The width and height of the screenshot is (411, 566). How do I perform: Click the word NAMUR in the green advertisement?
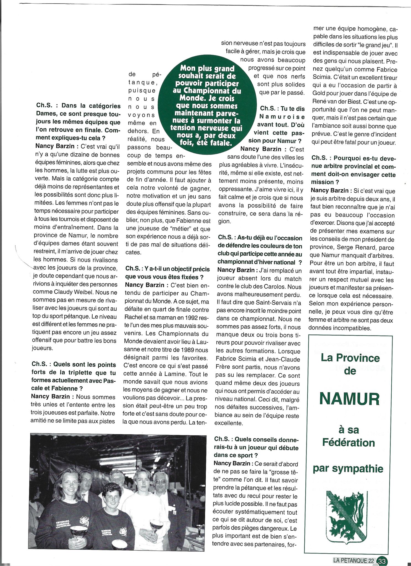(x=350, y=399)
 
